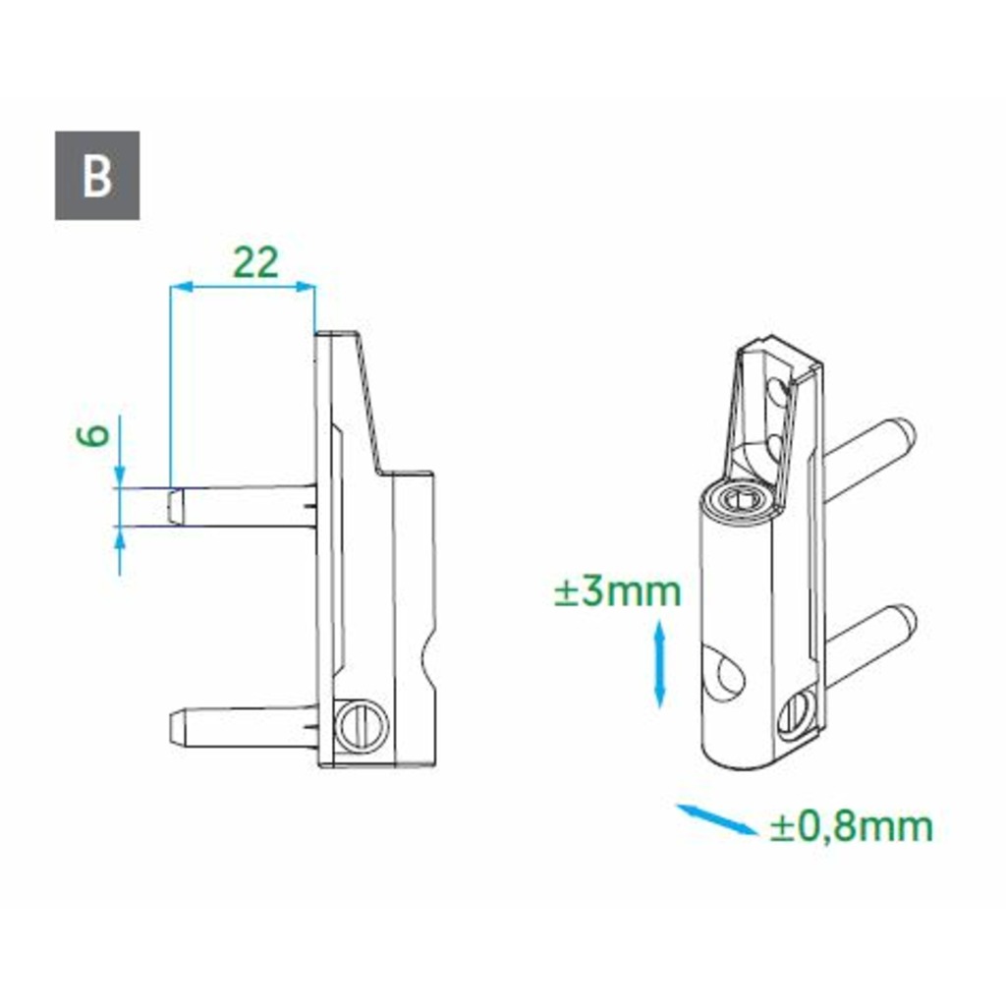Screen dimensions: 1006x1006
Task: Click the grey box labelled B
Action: coord(97,176)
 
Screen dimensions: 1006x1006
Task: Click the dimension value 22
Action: coord(255,261)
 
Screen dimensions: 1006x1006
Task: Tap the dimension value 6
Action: coord(93,436)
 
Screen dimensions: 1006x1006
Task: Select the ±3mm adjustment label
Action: coord(618,592)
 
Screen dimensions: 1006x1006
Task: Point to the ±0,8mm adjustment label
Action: coord(851,827)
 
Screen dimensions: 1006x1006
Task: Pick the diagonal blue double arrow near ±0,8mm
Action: coord(717,819)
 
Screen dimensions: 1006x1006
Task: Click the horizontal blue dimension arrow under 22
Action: coord(243,287)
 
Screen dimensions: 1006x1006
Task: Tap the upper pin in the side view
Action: coord(241,506)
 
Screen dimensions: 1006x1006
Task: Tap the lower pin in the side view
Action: coord(241,725)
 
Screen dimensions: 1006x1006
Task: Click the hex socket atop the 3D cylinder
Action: coord(740,498)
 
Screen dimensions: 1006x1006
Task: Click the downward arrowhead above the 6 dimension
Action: coord(120,478)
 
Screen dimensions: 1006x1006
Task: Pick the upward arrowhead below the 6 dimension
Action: coord(120,535)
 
